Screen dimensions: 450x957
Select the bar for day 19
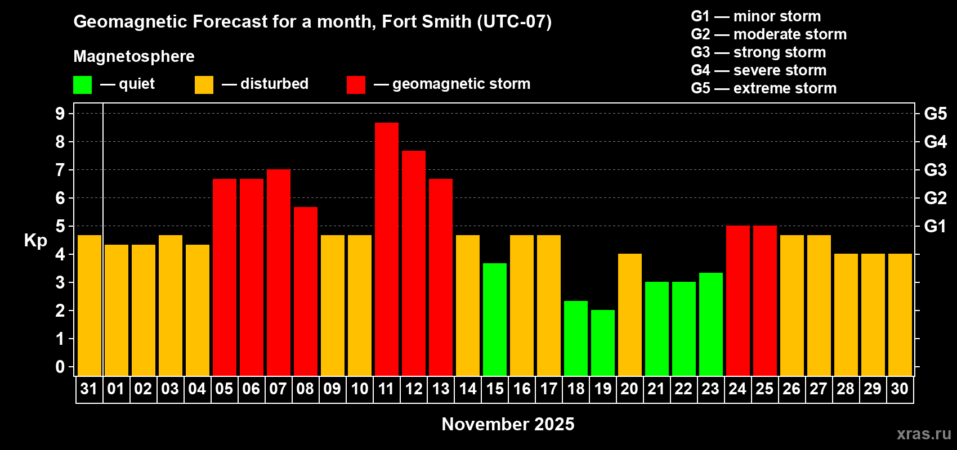[603, 343]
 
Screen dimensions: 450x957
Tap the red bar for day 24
[738, 300]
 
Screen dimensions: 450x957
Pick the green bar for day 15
[495, 319]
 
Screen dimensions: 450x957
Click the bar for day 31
[90, 305]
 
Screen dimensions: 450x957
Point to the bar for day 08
[306, 291]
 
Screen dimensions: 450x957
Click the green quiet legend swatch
[82, 85]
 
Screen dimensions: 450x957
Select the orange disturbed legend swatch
[204, 85]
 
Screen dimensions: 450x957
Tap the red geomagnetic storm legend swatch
[356, 85]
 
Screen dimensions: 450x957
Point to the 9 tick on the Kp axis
[60, 114]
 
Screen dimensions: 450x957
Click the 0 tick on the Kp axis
[60, 367]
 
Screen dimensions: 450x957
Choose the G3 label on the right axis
[935, 170]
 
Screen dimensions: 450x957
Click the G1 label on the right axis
[935, 226]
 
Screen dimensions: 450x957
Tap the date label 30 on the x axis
[900, 389]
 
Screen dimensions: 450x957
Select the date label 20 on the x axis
[629, 389]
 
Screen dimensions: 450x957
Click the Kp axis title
[35, 241]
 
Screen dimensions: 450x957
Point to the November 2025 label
[508, 424]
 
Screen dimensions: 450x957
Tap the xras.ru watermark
[924, 434]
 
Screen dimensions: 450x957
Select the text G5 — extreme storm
[763, 88]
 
